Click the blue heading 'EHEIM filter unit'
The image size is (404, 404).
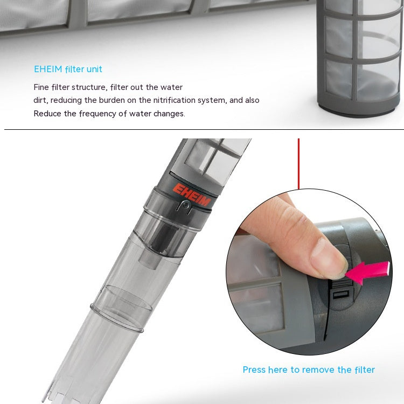point(68,69)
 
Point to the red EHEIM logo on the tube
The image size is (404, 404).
point(192,194)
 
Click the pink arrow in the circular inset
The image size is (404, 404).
point(367,272)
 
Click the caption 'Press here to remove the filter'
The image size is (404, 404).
point(309,370)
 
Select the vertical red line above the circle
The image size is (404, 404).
point(298,164)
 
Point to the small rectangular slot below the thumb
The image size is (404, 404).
point(341,294)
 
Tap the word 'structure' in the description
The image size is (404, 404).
point(89,87)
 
